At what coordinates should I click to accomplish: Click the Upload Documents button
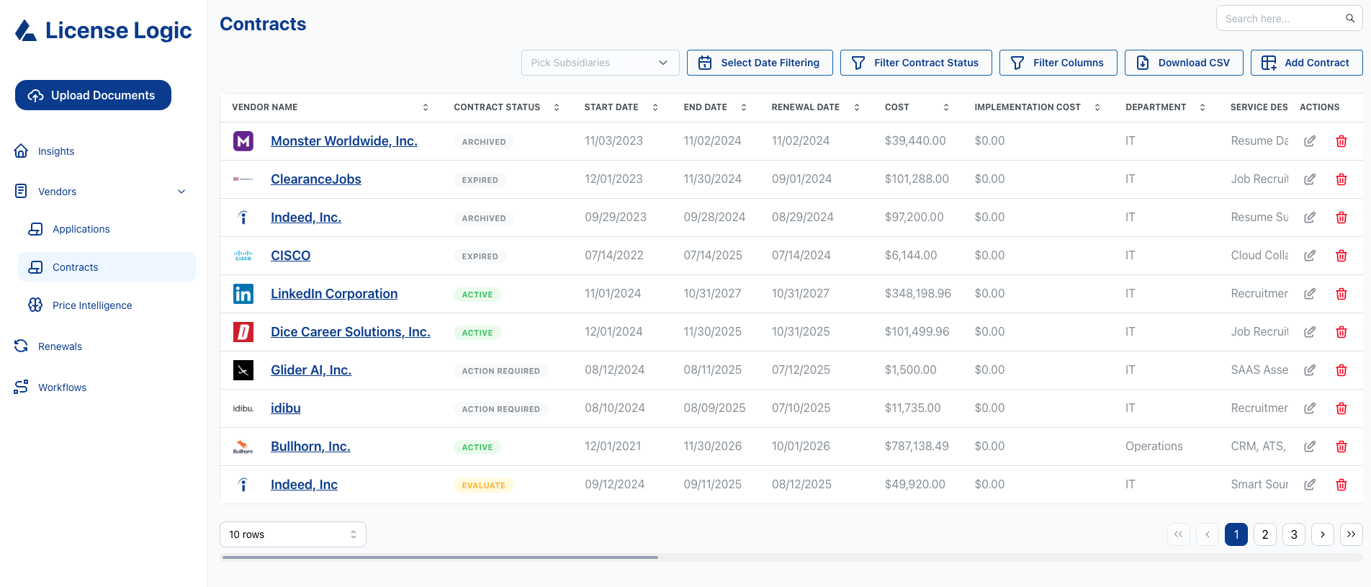93,95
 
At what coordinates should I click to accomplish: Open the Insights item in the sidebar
55,151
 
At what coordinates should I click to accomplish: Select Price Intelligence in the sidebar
91,305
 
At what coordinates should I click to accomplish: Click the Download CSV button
1184,63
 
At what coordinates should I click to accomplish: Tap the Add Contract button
1306,63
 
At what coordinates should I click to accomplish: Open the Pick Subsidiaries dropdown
600,63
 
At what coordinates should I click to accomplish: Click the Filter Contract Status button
916,63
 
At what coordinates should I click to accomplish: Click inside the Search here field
1282,19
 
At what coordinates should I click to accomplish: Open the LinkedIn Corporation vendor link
334,294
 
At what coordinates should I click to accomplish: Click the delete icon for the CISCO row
1341,256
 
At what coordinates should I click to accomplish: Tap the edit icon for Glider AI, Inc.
1310,370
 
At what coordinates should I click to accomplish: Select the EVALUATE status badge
483,485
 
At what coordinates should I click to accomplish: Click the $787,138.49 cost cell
917,447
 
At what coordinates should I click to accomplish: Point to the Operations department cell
1154,447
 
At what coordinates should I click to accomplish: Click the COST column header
897,107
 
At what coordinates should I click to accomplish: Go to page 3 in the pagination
1294,534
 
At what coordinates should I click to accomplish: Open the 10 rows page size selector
292,534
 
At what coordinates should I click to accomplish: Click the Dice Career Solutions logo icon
243,332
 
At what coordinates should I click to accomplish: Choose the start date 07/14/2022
613,256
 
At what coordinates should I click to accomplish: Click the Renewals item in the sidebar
60,346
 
